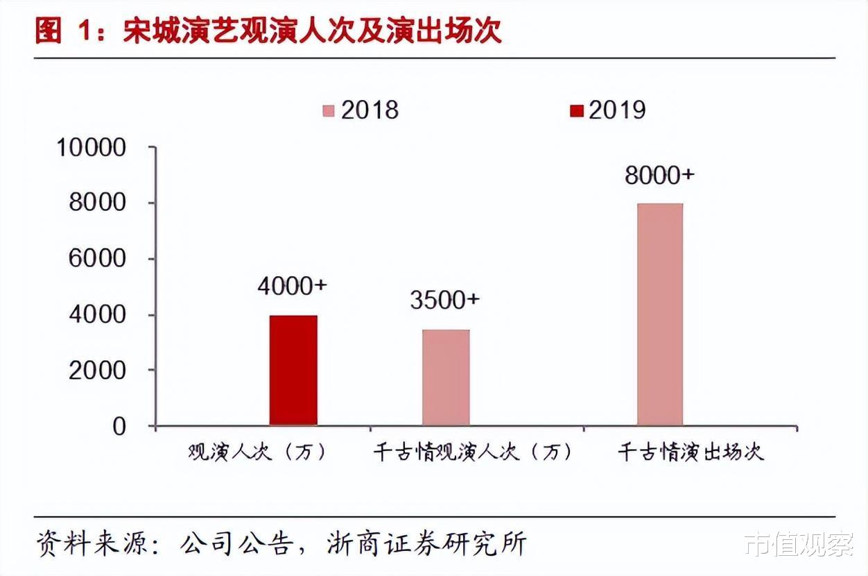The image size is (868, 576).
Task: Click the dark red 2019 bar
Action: pyautogui.click(x=293, y=370)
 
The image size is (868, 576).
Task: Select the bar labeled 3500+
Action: pyautogui.click(x=446, y=377)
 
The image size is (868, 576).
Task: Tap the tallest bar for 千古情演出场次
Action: pyautogui.click(x=659, y=314)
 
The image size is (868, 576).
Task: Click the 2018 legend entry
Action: pyautogui.click(x=361, y=110)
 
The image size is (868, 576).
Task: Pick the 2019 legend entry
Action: pyautogui.click(x=608, y=110)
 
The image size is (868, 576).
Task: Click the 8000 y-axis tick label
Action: pyautogui.click(x=98, y=203)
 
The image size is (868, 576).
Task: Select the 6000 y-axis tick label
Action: pyautogui.click(x=98, y=259)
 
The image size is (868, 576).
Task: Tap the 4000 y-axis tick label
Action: pyautogui.click(x=98, y=314)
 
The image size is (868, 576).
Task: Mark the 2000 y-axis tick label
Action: pyautogui.click(x=98, y=370)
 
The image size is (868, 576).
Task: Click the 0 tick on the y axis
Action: pyautogui.click(x=119, y=426)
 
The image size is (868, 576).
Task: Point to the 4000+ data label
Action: pyautogui.click(x=293, y=286)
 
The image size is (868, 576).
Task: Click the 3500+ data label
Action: pyautogui.click(x=444, y=300)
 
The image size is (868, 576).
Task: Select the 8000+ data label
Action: pyautogui.click(x=659, y=175)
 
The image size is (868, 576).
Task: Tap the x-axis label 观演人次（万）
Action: pyautogui.click(x=257, y=452)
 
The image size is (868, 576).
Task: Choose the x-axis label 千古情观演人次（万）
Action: pyautogui.click(x=474, y=452)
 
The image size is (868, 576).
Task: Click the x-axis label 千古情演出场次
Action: pyautogui.click(x=691, y=452)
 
